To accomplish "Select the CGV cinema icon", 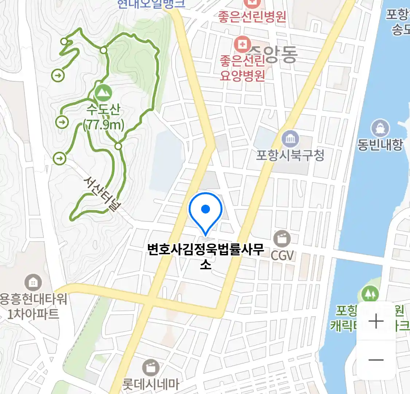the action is pyautogui.click(x=282, y=239).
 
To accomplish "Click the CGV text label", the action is pyautogui.click(x=282, y=255).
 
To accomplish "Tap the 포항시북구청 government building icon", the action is pyautogui.click(x=290, y=139).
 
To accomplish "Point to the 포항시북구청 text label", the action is pyautogui.click(x=290, y=155).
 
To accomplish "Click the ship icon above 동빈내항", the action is pyautogui.click(x=380, y=128).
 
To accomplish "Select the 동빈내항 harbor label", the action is pyautogui.click(x=380, y=145).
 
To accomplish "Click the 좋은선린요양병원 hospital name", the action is pyautogui.click(x=242, y=68).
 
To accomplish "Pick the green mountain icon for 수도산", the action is pyautogui.click(x=104, y=93).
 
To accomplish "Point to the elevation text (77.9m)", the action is pyautogui.click(x=104, y=125).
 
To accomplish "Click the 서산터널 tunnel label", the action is pyautogui.click(x=102, y=194).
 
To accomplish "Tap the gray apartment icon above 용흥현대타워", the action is pyautogui.click(x=33, y=282).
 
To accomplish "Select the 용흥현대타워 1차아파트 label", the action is pyautogui.click(x=34, y=306).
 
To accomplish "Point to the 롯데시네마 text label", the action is pyautogui.click(x=151, y=384).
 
